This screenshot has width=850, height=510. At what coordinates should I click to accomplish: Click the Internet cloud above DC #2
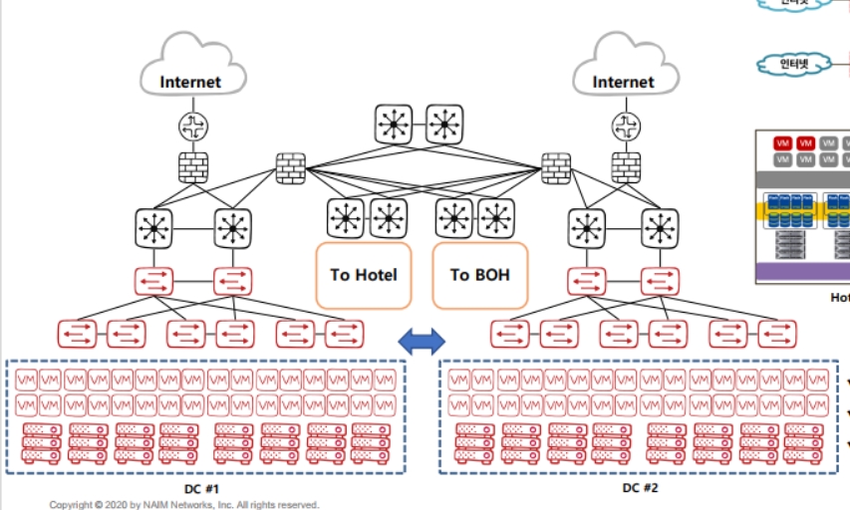[x=624, y=70]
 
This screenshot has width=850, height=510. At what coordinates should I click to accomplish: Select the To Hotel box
[x=364, y=274]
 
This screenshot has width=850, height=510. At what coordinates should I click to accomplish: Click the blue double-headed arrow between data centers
[x=422, y=342]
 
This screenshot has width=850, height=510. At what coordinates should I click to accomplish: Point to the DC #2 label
[x=640, y=488]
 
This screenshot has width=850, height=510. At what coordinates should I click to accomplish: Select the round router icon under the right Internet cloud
[x=626, y=126]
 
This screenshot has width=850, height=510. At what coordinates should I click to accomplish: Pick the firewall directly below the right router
[x=626, y=167]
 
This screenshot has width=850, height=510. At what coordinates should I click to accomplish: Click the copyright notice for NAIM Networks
[x=184, y=505]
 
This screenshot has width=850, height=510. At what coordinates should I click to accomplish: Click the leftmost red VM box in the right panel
[x=782, y=143]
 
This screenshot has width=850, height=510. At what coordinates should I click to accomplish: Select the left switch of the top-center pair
[x=395, y=125]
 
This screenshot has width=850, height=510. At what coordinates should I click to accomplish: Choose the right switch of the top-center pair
[x=444, y=125]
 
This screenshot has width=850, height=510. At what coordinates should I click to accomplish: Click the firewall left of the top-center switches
[x=290, y=167]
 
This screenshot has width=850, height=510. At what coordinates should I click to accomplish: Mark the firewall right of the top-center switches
[x=555, y=167]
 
